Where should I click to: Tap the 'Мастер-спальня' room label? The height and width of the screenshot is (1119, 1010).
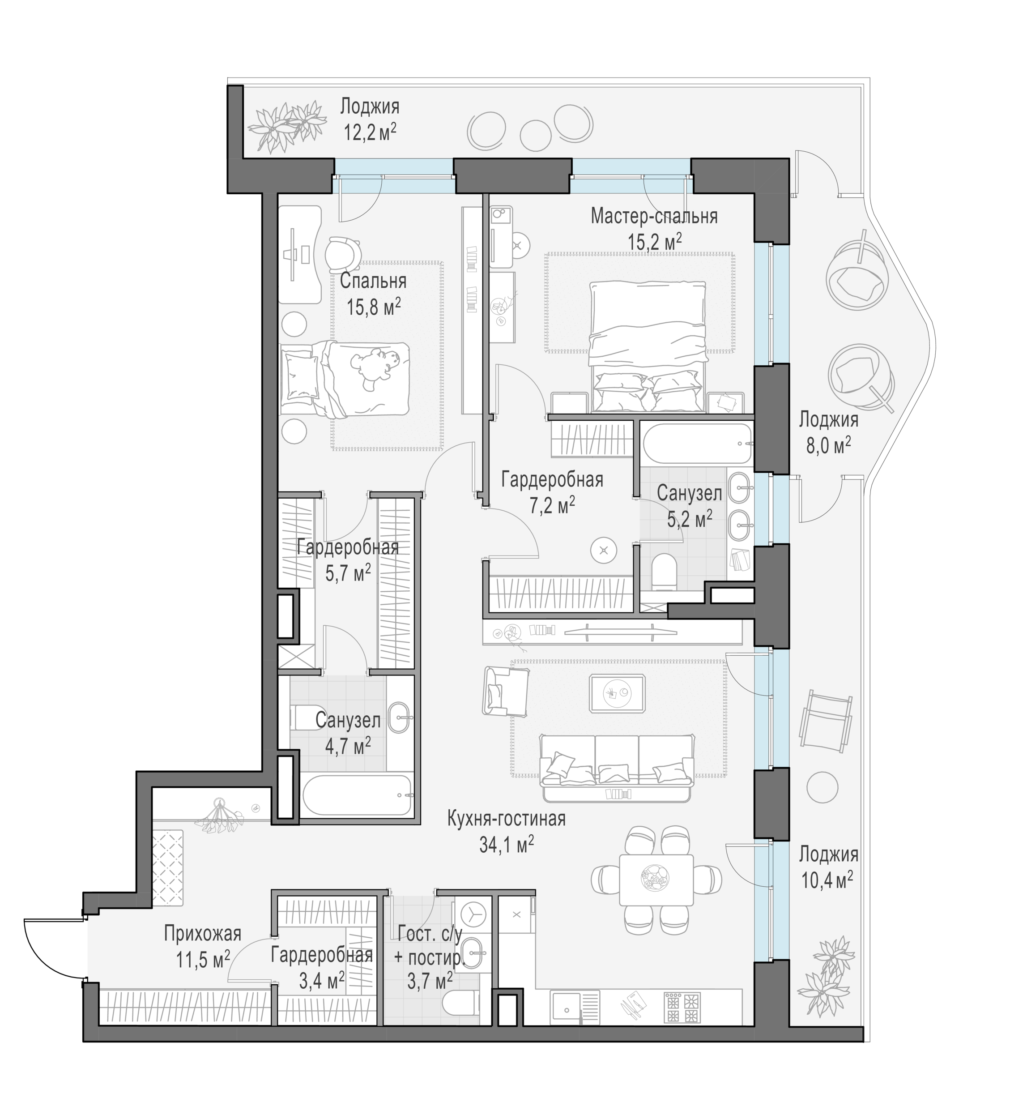click(654, 216)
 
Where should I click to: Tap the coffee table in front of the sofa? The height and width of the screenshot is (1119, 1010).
click(617, 693)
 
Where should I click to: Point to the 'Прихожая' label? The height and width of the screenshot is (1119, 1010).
click(203, 934)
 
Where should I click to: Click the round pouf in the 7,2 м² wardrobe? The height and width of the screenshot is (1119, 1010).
click(604, 551)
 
